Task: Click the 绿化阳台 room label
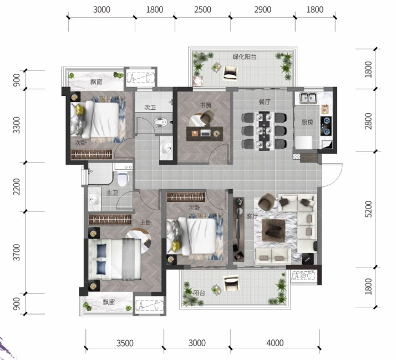244,57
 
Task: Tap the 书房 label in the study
205,105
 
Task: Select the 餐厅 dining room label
265,102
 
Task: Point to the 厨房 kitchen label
307,123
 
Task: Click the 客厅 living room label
252,216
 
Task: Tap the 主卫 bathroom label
112,192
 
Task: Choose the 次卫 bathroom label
150,108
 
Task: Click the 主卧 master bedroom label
146,222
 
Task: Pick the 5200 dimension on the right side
368,209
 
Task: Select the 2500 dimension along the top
202,9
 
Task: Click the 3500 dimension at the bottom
125,343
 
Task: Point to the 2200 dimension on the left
17,186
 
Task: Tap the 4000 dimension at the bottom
275,343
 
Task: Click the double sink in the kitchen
308,98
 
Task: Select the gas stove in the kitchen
326,125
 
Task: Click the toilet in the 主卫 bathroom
123,179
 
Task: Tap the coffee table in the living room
273,230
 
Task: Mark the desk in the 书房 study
205,133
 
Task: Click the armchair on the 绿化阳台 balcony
230,73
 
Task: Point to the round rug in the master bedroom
139,241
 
